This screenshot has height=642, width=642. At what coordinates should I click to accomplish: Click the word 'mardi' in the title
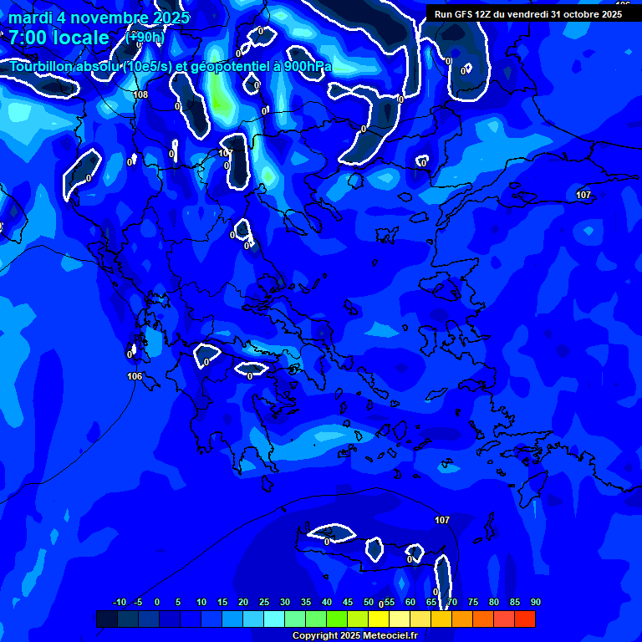click(30, 18)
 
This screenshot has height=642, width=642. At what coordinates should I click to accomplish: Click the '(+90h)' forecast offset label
click(145, 38)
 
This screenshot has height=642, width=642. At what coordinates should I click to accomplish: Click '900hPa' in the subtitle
click(308, 67)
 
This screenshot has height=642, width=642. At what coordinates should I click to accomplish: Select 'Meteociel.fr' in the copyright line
click(384, 636)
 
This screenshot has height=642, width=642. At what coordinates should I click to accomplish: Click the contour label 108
click(140, 94)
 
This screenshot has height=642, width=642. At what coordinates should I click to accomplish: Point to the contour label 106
click(135, 376)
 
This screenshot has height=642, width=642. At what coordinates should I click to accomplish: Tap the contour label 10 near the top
click(223, 153)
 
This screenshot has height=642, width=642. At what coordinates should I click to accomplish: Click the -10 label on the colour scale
click(119, 603)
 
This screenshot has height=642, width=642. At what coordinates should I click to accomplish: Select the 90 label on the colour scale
click(536, 603)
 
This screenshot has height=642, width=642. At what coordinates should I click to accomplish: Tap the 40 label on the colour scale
click(326, 603)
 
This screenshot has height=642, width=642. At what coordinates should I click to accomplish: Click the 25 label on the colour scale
click(263, 603)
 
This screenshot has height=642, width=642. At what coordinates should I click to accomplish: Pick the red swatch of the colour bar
click(524, 619)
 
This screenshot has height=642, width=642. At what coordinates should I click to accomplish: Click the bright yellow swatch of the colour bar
click(378, 619)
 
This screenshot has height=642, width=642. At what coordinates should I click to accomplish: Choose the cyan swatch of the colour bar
click(273, 619)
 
